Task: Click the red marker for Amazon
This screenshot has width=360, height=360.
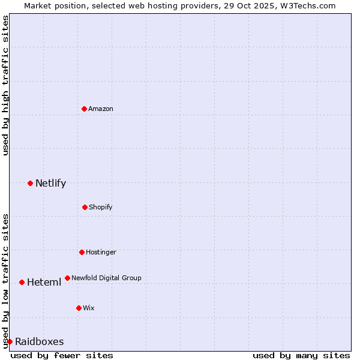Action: coord(85,109)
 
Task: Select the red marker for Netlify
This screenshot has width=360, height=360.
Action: coord(30,183)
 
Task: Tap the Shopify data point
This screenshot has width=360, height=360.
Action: coord(85,207)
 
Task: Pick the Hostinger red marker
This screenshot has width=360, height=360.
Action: coord(82,252)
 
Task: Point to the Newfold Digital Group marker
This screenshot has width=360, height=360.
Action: coord(67,278)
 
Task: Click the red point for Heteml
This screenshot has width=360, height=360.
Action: coord(22,282)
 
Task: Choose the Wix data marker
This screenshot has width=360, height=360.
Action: coord(79,308)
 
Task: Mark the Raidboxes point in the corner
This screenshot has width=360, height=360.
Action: coord(10,341)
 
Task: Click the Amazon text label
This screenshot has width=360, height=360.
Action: coord(101,109)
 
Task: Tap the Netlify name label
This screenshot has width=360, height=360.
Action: coord(50,184)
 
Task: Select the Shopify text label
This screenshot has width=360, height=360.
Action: coord(100,207)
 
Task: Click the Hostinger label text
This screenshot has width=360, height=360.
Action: coord(101,252)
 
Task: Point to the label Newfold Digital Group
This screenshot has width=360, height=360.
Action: coord(106,278)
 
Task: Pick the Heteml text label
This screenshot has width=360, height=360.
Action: coord(44,283)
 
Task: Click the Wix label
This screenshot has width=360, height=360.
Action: coord(89,308)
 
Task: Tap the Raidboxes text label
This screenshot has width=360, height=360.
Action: coord(39,342)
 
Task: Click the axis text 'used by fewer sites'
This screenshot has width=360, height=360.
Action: coord(62,355)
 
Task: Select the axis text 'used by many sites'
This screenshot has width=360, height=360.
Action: coord(301,355)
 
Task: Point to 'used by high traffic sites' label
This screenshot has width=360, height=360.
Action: coord(5,85)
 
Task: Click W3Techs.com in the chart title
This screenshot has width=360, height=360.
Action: coord(306,5)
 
